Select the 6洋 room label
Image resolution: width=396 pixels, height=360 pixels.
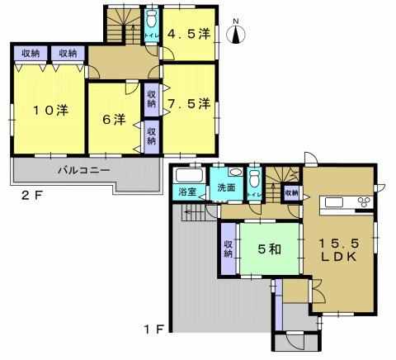114,120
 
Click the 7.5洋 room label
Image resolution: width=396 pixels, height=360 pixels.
190,105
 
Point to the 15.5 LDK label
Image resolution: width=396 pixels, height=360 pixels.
338,249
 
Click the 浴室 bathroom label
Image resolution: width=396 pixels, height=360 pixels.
186,192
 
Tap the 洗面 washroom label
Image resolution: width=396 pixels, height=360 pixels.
225,188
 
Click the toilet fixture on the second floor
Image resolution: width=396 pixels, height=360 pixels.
152,21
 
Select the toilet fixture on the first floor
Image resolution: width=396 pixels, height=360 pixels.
255,178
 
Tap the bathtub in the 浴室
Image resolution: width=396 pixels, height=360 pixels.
190,177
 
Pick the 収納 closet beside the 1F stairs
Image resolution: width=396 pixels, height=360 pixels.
291,192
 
